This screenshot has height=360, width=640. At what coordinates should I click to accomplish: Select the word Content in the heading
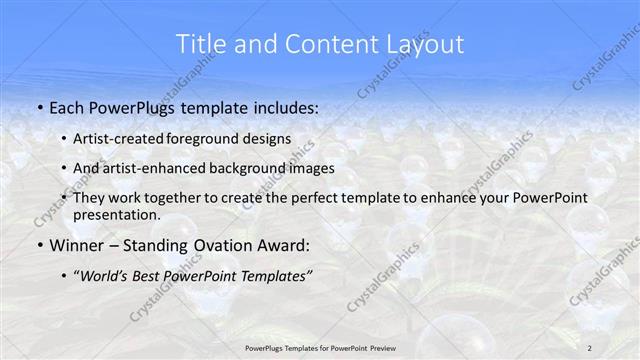(x=325, y=44)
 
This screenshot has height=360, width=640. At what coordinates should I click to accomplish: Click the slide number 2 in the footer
(x=590, y=347)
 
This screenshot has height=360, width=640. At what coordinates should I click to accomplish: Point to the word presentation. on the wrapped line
(x=117, y=215)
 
